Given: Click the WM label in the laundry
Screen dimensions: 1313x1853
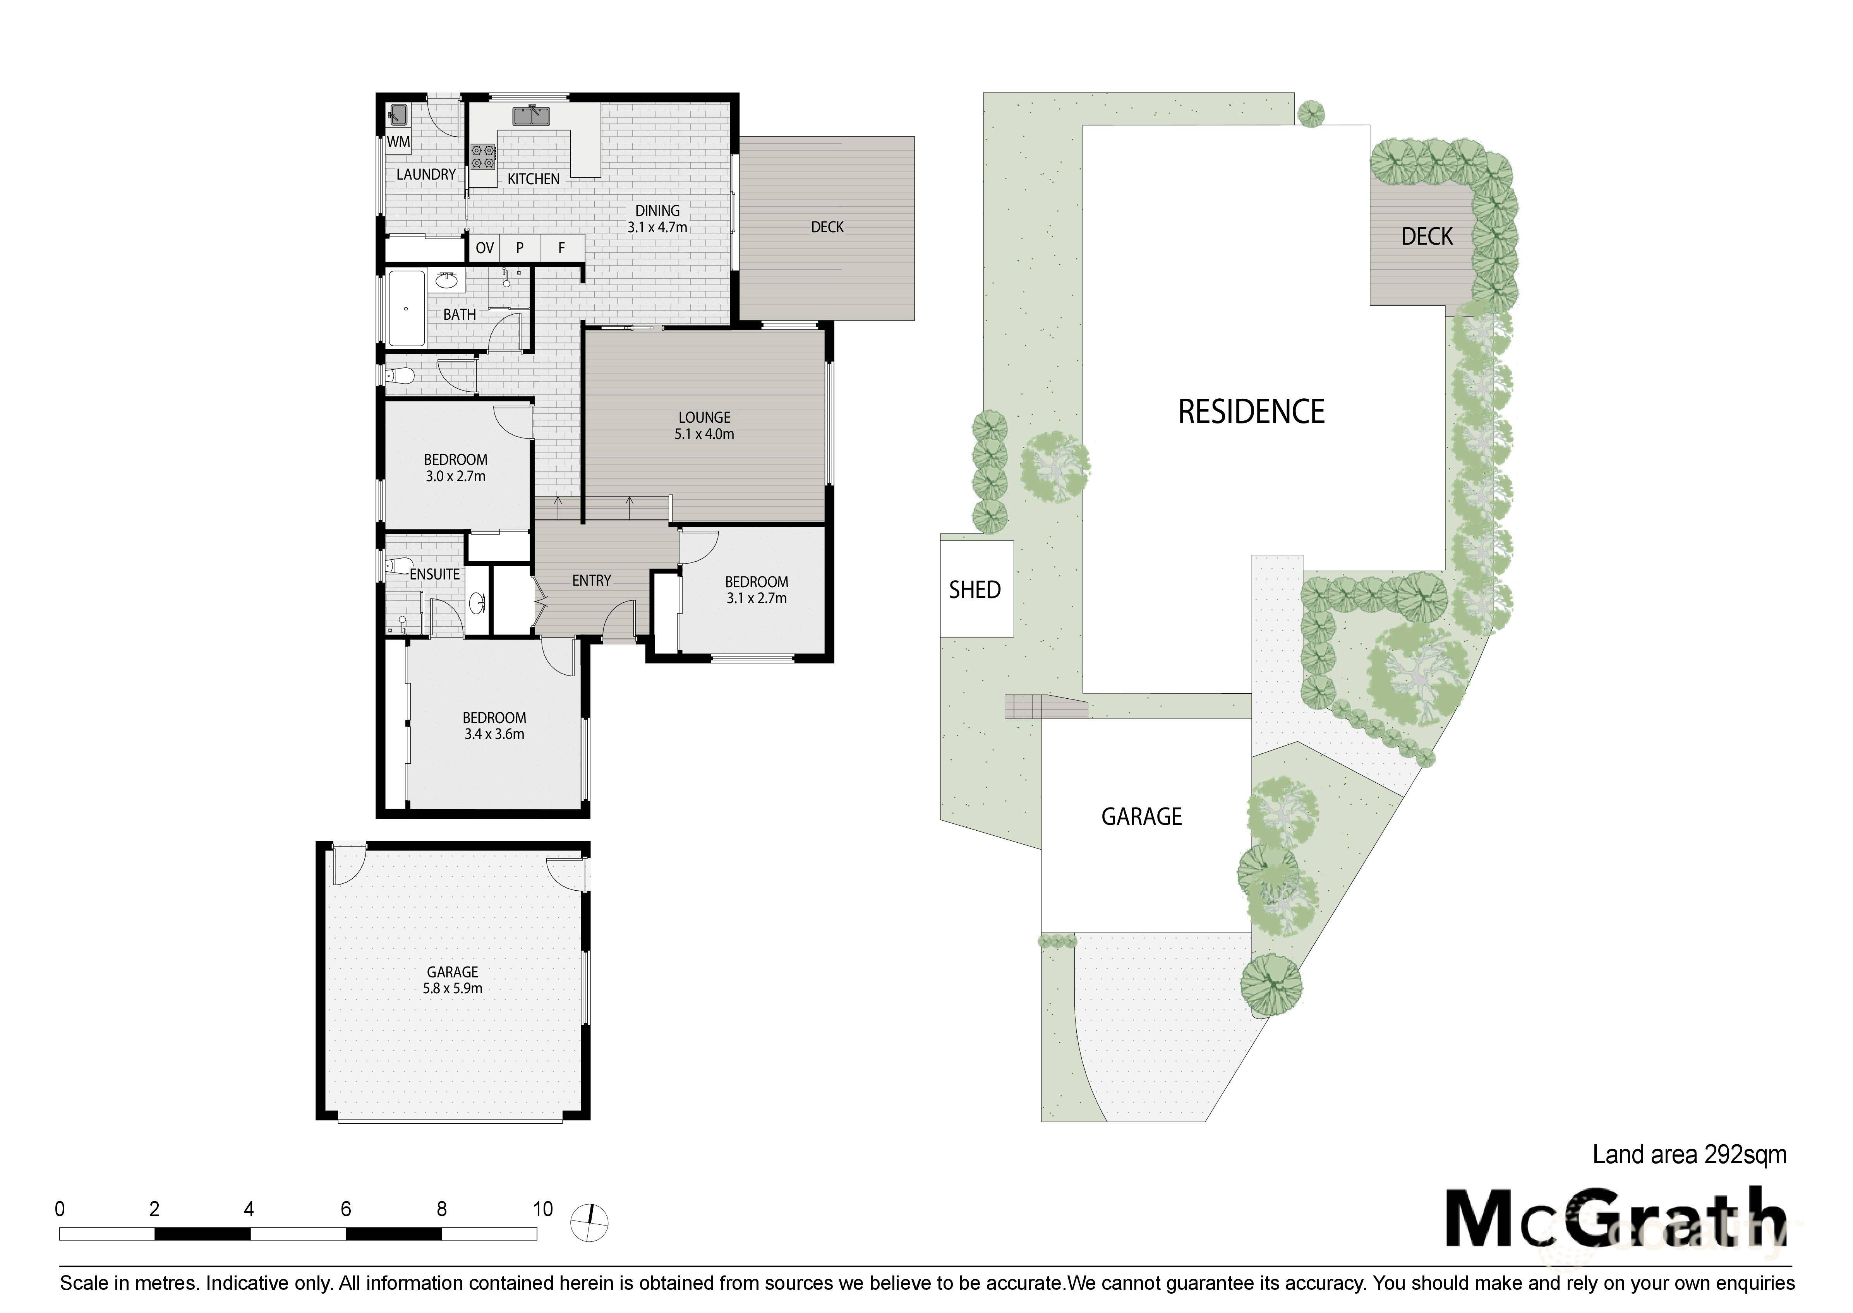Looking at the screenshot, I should [398, 142].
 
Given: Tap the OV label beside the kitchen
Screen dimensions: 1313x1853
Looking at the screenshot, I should [484, 248].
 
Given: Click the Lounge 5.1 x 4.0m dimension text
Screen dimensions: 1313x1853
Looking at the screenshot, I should [704, 434].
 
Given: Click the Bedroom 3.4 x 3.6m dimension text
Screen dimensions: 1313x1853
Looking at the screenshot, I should [494, 734].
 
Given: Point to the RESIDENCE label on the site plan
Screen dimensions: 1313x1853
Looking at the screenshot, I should [1251, 412].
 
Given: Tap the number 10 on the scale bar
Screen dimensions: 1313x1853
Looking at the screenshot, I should [542, 1209].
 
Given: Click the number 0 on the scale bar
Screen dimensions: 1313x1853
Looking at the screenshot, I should [60, 1209].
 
